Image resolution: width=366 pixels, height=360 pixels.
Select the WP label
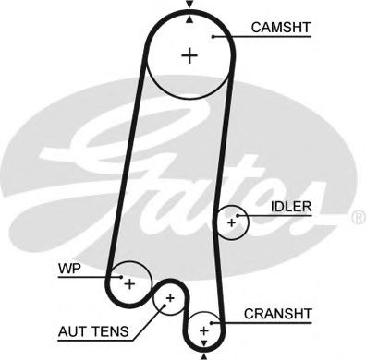(68, 270)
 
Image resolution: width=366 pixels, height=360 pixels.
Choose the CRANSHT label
(277, 314)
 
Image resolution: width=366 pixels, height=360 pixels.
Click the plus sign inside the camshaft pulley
(190, 55)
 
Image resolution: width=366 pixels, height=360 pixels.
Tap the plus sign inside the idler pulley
(232, 222)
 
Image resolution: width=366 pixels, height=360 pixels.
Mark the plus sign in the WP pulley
(129, 282)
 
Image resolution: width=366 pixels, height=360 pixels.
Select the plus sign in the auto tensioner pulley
(170, 299)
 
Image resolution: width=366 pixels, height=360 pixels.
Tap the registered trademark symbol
(359, 218)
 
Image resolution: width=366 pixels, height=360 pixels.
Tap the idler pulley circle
(232, 209)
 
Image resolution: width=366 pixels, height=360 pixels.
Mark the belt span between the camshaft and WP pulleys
(128, 166)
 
